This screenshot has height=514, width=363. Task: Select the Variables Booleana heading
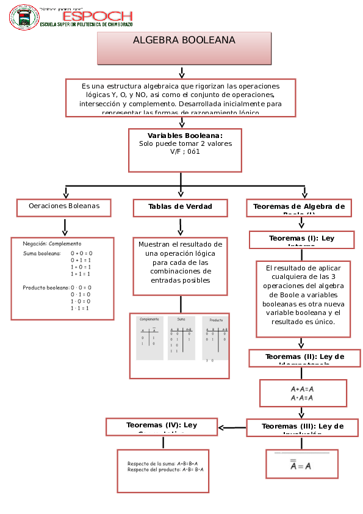pyautogui.click(x=185, y=136)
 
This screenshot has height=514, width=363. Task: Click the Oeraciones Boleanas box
pyautogui.click(x=64, y=207)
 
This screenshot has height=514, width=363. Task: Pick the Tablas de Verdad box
pyautogui.click(x=180, y=208)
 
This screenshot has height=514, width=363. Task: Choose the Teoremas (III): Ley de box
pyautogui.click(x=302, y=427)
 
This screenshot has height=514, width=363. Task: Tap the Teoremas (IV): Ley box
pyautogui.click(x=162, y=426)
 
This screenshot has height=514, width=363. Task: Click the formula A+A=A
pyautogui.click(x=302, y=389)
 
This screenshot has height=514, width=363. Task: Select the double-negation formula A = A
pyautogui.click(x=301, y=466)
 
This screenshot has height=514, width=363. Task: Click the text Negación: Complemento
pyautogui.click(x=52, y=244)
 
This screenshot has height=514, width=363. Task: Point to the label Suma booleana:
pyautogui.click(x=41, y=253)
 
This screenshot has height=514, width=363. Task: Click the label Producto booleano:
pyautogui.click(x=45, y=288)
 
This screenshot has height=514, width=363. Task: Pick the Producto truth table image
pyautogui.click(x=217, y=339)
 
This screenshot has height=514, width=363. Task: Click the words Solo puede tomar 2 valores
pyautogui.click(x=185, y=143)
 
